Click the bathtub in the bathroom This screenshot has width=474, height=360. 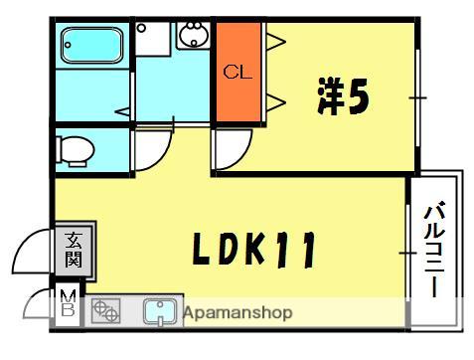90,46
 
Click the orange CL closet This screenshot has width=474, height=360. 237,73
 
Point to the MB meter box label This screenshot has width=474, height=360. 67,303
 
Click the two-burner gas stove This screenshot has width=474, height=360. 104,313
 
